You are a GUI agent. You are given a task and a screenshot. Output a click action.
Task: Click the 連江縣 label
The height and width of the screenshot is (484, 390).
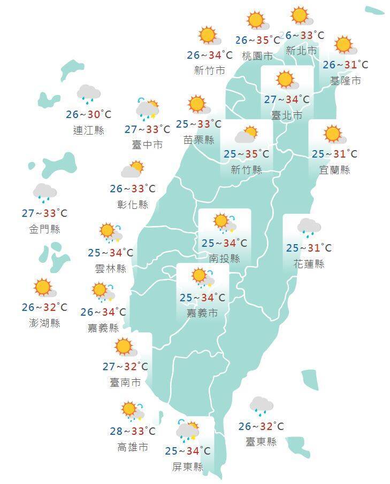click(x=89, y=130)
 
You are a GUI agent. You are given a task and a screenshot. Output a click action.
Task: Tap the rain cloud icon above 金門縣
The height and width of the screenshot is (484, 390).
click(x=45, y=192)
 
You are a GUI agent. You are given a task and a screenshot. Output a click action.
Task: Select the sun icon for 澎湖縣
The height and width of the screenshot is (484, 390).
click(x=44, y=287)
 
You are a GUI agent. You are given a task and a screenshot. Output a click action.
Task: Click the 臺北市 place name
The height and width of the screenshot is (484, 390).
click(x=287, y=115)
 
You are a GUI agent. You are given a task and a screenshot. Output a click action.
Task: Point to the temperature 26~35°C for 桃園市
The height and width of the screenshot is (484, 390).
click(x=257, y=40)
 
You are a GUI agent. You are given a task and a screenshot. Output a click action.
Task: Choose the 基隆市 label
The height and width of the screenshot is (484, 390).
click(x=346, y=81)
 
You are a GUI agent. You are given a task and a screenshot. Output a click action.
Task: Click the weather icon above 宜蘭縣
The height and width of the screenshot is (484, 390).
click(x=333, y=134)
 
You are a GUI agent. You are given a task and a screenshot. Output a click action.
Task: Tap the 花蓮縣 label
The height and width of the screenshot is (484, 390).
click(x=309, y=264)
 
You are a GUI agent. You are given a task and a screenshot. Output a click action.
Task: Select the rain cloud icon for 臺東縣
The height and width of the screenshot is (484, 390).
click(x=261, y=406)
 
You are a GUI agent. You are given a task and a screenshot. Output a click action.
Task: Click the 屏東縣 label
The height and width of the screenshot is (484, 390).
click(x=188, y=467)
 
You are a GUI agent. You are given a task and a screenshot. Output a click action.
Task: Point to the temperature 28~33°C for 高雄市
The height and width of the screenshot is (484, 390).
click(x=132, y=431)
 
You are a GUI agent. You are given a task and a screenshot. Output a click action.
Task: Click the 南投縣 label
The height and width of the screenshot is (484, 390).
click(x=224, y=259)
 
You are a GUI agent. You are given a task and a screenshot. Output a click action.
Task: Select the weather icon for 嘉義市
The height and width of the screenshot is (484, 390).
click(x=202, y=277)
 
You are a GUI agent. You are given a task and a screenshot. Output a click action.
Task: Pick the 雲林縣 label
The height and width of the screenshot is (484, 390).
click(x=111, y=268)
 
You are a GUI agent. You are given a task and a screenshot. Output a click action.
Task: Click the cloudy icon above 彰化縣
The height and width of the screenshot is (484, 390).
click(x=132, y=170)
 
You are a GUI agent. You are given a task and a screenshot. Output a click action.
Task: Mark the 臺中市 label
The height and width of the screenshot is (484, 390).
click(x=147, y=145)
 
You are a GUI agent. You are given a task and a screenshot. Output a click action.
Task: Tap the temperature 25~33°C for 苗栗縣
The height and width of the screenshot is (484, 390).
click(x=198, y=124)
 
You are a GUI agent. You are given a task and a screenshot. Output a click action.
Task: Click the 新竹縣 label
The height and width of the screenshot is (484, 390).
click(x=246, y=170)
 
